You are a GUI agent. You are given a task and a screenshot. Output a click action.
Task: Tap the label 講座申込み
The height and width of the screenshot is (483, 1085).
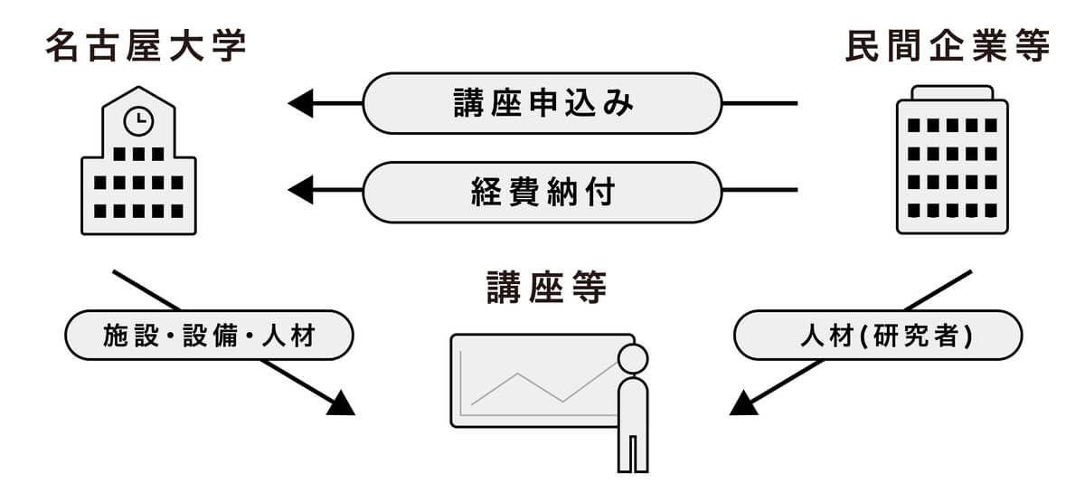(x=542, y=103)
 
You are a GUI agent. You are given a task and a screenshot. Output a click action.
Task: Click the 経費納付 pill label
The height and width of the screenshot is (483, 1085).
(x=542, y=191)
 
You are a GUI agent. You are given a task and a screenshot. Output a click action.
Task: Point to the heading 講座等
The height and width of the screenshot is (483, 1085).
(x=545, y=289)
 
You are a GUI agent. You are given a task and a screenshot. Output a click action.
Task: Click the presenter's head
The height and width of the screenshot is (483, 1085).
(x=633, y=359)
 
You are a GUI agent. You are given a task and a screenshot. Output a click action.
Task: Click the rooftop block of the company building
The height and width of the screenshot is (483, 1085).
(x=951, y=92)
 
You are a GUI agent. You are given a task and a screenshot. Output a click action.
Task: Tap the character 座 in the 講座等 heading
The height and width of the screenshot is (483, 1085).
(x=545, y=289)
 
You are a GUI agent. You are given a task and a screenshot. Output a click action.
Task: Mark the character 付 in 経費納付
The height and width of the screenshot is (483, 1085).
(x=599, y=191)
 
